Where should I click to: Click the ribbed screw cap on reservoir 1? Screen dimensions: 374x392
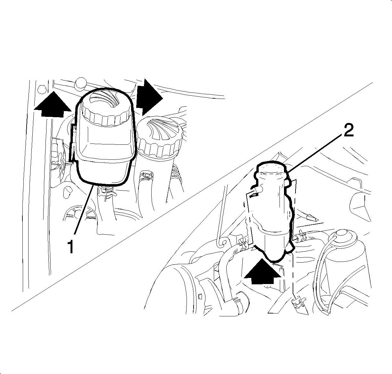coord(106,109)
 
